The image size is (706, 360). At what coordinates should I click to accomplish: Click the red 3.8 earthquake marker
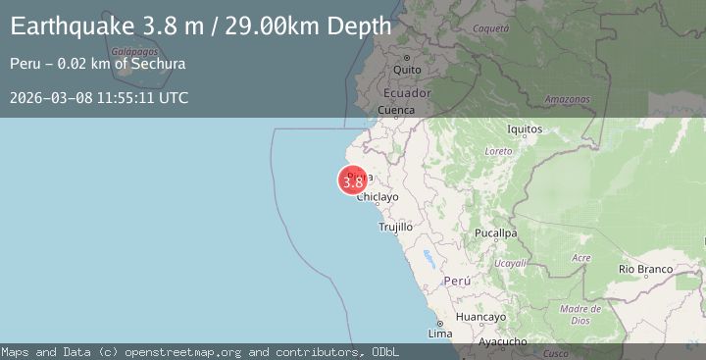tap(353, 181)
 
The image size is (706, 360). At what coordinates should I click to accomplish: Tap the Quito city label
tap(407, 71)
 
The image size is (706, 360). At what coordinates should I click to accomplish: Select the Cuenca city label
tap(396, 111)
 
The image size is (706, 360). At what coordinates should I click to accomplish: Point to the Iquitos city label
tap(526, 129)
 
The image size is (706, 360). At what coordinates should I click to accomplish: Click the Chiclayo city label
tap(378, 197)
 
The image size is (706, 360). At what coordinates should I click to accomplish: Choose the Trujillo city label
tap(396, 227)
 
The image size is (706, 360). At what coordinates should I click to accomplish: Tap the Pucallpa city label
tap(494, 233)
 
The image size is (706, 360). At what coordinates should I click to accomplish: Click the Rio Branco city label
tap(644, 268)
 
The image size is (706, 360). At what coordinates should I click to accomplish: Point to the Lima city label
tap(440, 334)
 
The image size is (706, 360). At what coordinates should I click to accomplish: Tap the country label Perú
tap(458, 281)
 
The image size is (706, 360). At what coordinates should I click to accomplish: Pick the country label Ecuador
tap(407, 92)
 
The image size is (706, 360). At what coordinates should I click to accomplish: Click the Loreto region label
tap(499, 152)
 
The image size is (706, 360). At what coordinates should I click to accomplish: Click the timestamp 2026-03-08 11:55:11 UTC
tap(100, 98)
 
